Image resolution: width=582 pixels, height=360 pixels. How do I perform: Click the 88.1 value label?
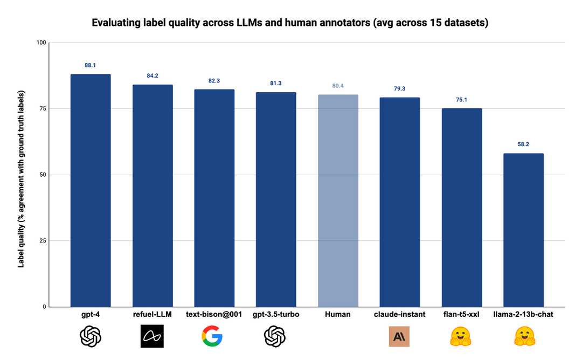[x=91, y=65]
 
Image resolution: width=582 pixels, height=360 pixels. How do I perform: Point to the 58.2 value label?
[x=523, y=144]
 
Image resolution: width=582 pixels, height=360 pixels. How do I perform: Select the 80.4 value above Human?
[x=338, y=86]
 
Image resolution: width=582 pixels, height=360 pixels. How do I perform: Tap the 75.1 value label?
[x=462, y=99]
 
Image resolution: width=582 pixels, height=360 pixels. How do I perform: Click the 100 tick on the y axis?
[x=41, y=43]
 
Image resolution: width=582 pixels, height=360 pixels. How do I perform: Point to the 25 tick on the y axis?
[x=43, y=241]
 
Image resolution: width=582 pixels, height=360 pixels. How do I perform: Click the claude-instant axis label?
[x=399, y=314]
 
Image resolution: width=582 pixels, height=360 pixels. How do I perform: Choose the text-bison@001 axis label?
[x=214, y=314]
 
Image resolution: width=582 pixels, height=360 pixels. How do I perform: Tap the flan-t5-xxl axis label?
[x=461, y=314]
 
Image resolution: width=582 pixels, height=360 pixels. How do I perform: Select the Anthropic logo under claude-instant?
[x=399, y=336]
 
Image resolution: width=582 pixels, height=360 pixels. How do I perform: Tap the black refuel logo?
[x=152, y=336]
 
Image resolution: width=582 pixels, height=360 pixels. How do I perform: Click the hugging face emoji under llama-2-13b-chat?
[x=523, y=336]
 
